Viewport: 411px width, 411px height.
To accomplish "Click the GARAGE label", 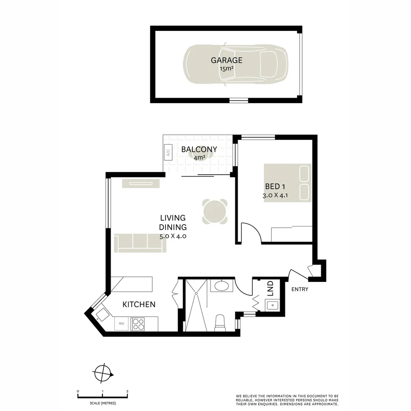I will [x=226, y=60].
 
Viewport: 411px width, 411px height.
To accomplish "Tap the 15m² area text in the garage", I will [x=226, y=69].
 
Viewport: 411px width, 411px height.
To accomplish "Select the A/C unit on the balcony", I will [x=168, y=153].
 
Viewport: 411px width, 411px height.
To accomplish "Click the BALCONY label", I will [x=199, y=150].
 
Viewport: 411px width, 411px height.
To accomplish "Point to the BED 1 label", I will [x=275, y=186].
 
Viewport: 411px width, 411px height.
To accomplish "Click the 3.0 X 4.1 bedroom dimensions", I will [x=275, y=195].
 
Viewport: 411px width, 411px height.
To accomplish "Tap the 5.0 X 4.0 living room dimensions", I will [x=173, y=236].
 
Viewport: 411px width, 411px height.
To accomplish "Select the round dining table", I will [x=215, y=212].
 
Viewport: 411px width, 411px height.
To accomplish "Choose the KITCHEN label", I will [x=139, y=304].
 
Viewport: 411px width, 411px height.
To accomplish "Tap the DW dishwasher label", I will [x=121, y=323].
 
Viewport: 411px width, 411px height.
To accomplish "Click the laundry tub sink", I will [x=272, y=305].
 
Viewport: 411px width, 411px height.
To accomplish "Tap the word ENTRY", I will [x=300, y=289].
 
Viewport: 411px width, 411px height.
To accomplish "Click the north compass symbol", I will [x=103, y=373].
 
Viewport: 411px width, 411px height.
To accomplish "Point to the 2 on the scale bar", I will [x=127, y=391].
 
